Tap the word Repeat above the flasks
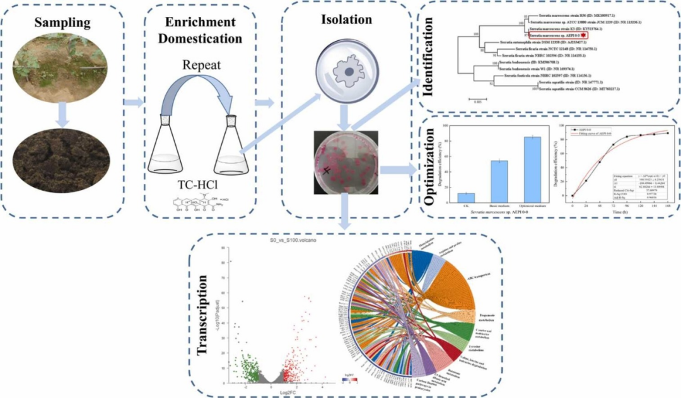pyautogui.click(x=201, y=64)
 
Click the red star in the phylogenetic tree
pyautogui.click(x=583, y=37)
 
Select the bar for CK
pyautogui.click(x=466, y=197)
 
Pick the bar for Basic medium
pyautogui.click(x=499, y=181)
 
